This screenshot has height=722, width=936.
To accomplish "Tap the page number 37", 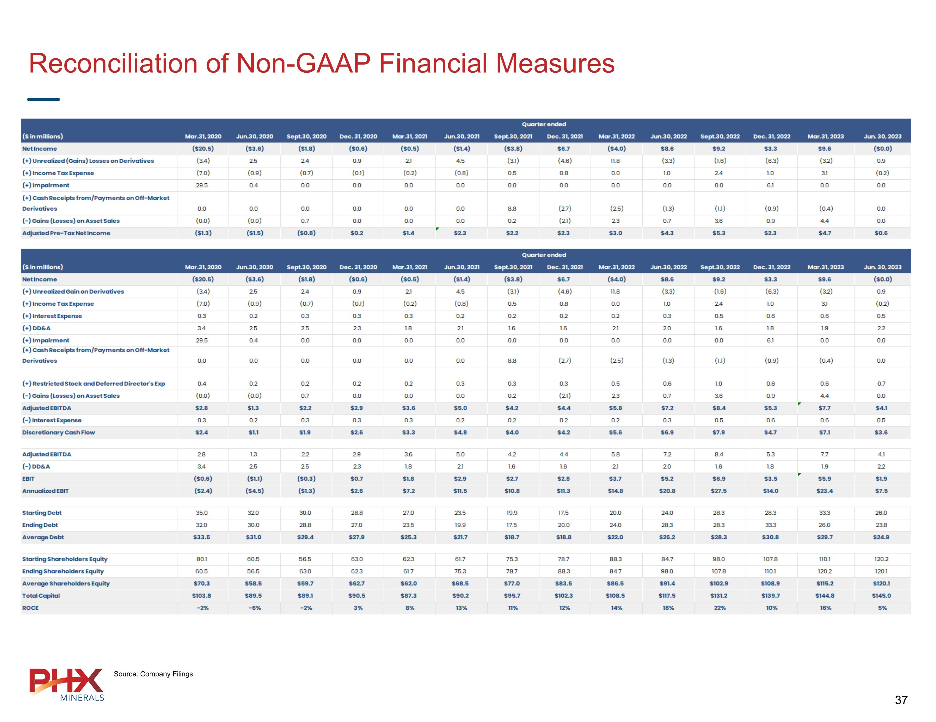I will [x=901, y=700].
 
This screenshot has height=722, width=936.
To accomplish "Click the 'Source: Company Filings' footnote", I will [x=153, y=674].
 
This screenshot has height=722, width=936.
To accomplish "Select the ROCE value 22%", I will [x=719, y=608].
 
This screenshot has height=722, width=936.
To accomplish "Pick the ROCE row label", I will [x=31, y=608].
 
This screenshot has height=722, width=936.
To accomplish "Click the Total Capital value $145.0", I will [x=881, y=596].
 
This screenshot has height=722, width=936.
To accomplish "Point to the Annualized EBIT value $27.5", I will [x=719, y=491].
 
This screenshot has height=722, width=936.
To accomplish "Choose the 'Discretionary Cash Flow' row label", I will [x=59, y=432].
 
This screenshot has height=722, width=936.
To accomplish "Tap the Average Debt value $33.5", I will [x=202, y=537].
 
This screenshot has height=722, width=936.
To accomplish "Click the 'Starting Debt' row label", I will [x=42, y=512].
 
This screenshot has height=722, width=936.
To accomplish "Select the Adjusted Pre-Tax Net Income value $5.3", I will [x=719, y=233].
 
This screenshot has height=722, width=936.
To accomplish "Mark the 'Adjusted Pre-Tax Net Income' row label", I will [x=66, y=233].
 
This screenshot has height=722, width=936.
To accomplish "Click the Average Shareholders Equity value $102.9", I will [x=719, y=583].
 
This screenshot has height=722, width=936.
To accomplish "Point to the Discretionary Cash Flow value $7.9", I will [x=719, y=432].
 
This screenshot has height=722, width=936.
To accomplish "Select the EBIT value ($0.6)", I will [x=203, y=479].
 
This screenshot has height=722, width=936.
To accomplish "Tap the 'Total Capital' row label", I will [x=41, y=596].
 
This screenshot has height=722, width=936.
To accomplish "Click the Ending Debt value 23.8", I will [x=881, y=525].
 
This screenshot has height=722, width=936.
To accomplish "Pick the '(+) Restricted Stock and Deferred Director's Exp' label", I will [x=94, y=384].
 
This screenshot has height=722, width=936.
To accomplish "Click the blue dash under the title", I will [x=43, y=99].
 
